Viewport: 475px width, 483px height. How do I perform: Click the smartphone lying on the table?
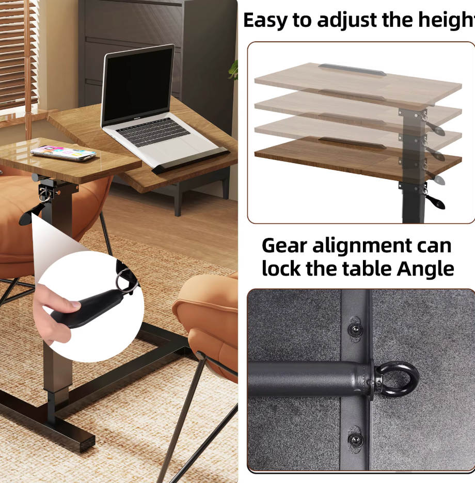(x=63, y=153)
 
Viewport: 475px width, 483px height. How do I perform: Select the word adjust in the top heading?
(x=347, y=20)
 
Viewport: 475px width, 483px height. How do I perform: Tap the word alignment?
(x=361, y=247)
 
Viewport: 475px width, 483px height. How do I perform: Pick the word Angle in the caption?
(x=425, y=269)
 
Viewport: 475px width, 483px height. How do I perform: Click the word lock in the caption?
(x=281, y=269)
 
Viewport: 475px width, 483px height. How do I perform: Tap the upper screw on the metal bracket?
(x=355, y=330)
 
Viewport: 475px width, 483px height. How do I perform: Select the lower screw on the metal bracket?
(x=355, y=439)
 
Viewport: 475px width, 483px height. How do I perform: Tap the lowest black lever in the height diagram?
(x=435, y=201)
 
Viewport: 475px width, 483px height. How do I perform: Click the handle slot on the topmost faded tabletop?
(x=352, y=70)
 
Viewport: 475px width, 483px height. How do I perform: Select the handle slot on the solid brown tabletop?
(x=352, y=142)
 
